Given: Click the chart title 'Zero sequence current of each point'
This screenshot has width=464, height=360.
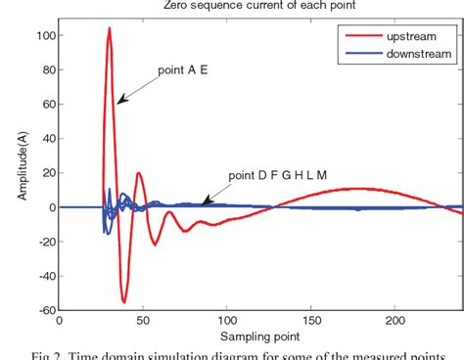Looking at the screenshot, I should click(259, 6).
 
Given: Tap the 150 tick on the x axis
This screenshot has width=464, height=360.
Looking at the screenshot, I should click(311, 320).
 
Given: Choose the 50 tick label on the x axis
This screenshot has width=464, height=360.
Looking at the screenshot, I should click(144, 320).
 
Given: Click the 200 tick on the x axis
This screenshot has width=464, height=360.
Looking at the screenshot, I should click(395, 320).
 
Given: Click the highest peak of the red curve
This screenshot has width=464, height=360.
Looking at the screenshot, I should click(109, 29).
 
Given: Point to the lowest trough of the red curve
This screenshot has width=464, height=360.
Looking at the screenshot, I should click(124, 301).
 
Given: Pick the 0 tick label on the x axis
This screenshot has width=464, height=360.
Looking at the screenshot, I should click(60, 320).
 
